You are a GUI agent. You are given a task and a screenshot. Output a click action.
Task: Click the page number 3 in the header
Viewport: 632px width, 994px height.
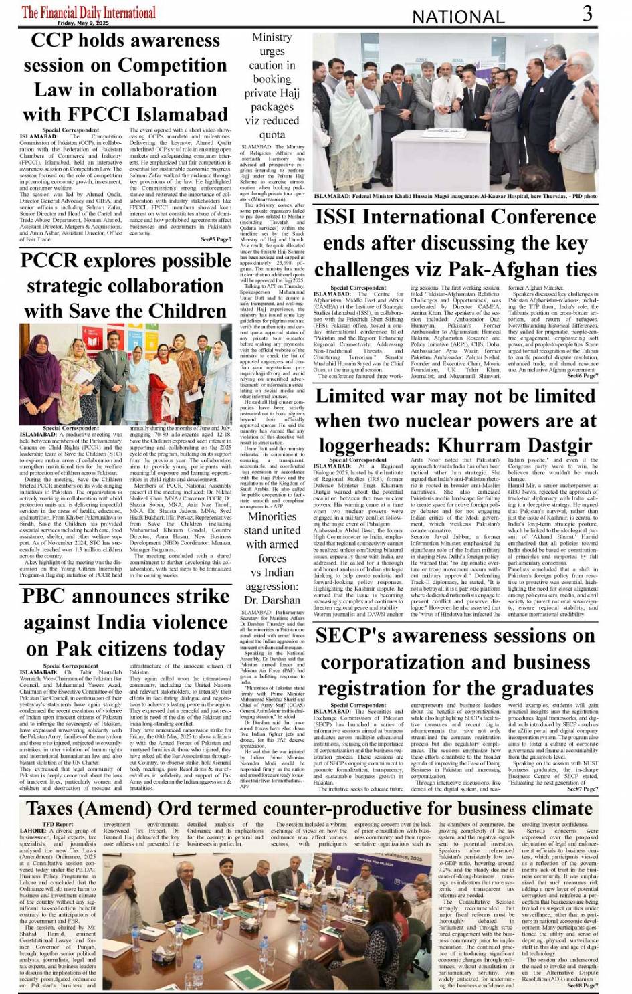point(587,13)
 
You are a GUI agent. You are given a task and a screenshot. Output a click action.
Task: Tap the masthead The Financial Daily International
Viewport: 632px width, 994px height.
point(88,11)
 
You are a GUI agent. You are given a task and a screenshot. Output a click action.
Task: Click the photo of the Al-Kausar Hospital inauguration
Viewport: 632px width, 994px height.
point(455,113)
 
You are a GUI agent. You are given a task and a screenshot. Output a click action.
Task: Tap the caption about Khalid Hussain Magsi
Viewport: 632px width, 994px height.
point(455,197)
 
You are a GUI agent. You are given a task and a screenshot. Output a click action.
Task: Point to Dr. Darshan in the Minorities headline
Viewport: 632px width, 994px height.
point(272,600)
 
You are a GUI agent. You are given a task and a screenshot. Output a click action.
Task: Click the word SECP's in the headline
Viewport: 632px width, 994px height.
point(354,635)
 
